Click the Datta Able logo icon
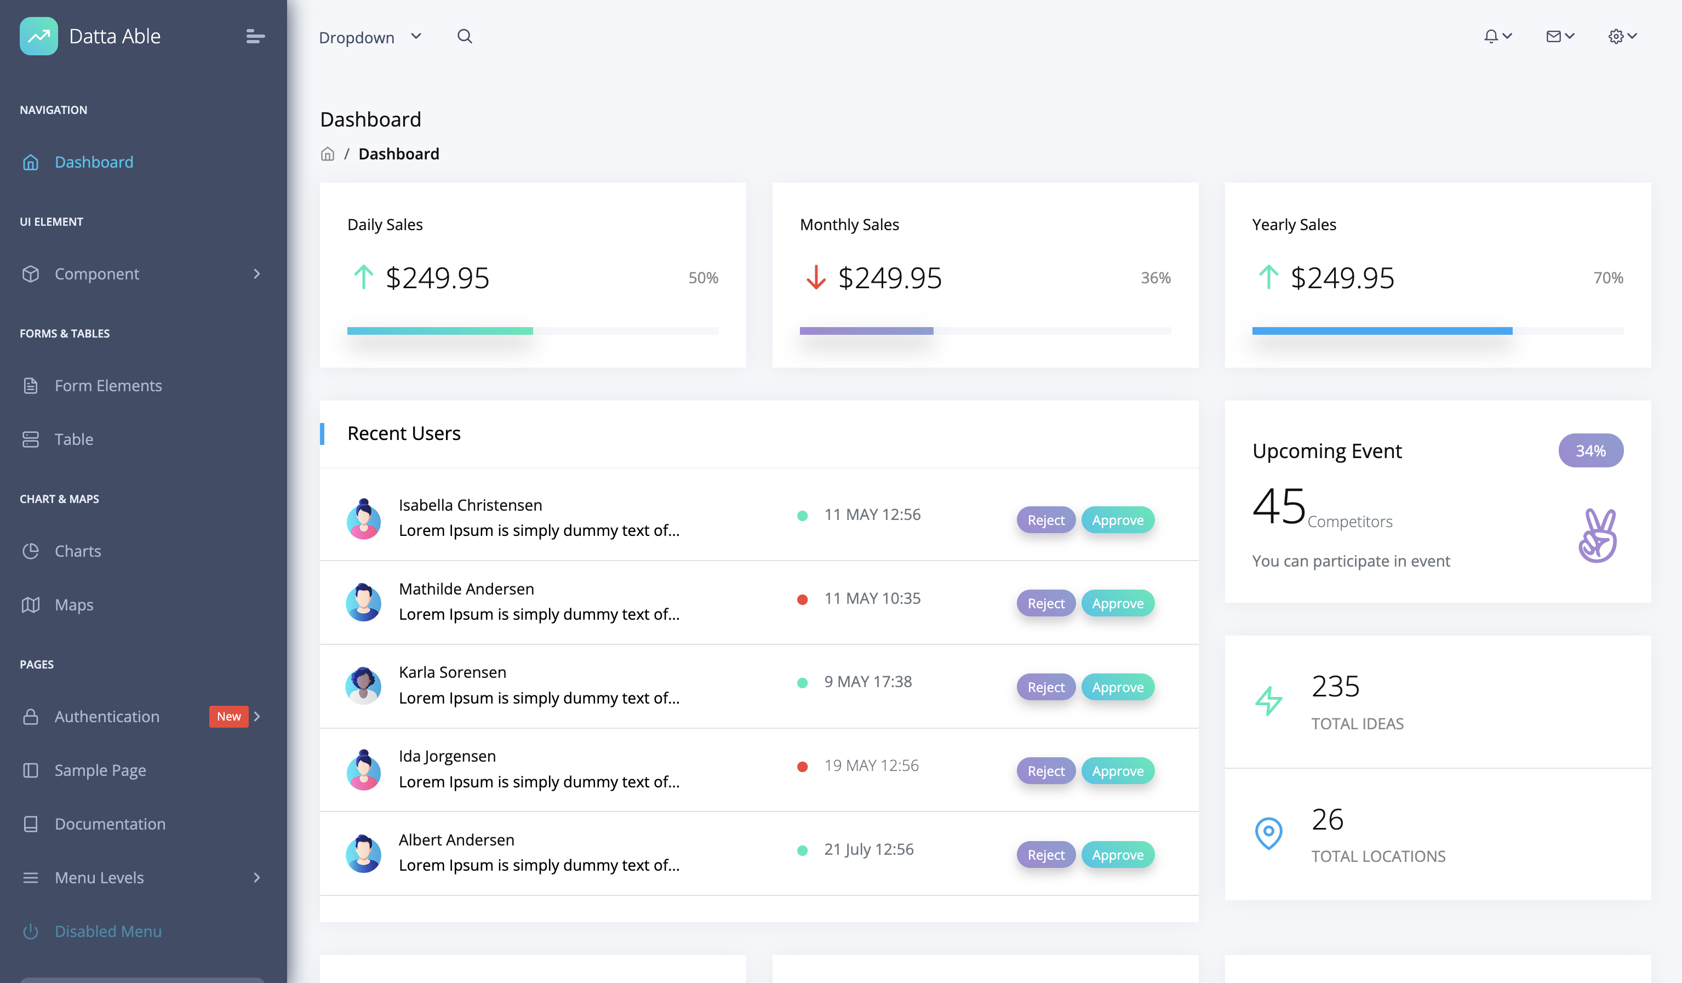tap(39, 36)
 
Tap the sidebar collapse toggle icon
tap(255, 36)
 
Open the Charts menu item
tap(77, 551)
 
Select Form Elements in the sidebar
tap(108, 385)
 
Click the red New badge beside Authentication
tap(228, 716)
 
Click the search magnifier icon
tap(465, 36)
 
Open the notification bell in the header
tap(1490, 36)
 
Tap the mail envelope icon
tap(1553, 36)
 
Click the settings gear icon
tap(1615, 36)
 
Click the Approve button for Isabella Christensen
tap(1117, 520)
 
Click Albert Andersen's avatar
tap(363, 853)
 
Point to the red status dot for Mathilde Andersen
tap(802, 599)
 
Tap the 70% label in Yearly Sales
tap(1608, 278)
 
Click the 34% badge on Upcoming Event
tap(1591, 450)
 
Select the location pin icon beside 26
tap(1268, 832)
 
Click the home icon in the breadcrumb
tap(327, 154)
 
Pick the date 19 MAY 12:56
tap(871, 765)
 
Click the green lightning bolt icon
tap(1268, 701)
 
